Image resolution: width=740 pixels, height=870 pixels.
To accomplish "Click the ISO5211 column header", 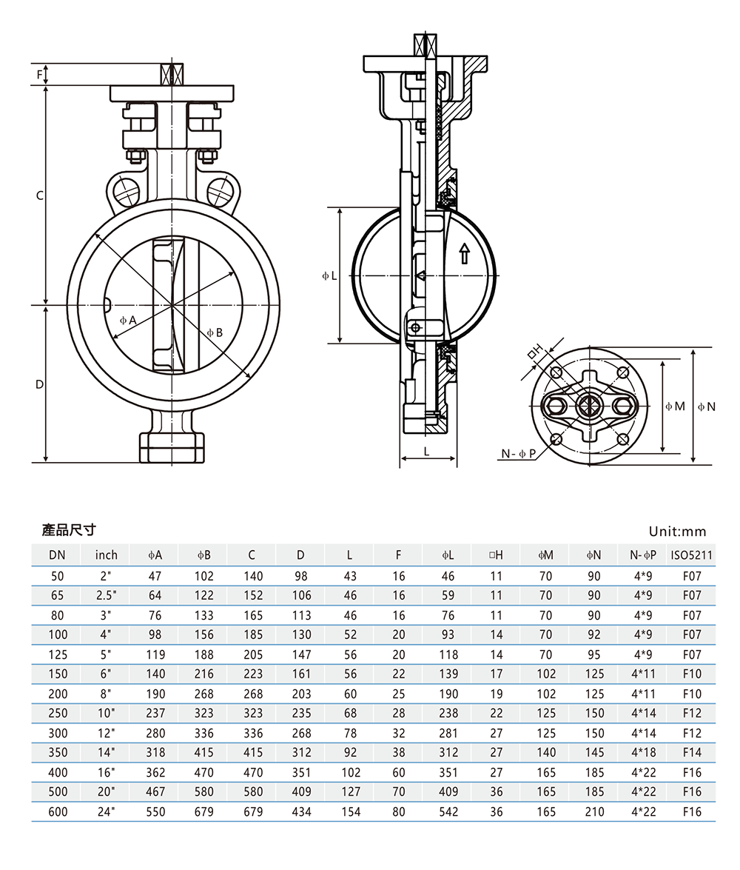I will [x=690, y=555].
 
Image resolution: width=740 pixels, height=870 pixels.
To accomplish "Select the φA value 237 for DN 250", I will [x=155, y=713].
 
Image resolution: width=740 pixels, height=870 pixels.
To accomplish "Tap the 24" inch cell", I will [x=106, y=812].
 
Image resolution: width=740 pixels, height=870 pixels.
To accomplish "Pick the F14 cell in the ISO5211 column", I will [x=690, y=752].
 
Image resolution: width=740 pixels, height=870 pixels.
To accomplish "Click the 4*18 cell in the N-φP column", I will [x=643, y=752].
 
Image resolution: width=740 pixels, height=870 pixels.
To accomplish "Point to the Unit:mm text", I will [x=677, y=531].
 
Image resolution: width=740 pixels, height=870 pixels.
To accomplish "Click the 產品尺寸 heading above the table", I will [x=69, y=530].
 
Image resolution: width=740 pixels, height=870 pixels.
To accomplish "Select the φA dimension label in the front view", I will [x=129, y=321].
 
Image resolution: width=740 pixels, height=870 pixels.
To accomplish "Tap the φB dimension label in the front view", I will [x=214, y=332].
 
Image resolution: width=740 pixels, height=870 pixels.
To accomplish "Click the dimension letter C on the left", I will [x=41, y=195].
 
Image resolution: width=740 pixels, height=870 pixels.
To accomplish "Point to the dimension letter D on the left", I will [x=40, y=384].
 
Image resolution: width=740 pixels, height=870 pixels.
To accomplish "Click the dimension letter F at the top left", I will [x=40, y=74].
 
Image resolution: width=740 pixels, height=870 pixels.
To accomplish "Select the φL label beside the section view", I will [x=329, y=275].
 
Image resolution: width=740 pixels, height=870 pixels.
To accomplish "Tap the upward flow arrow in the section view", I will [x=464, y=253].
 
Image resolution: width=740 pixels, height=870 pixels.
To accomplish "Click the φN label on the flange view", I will [x=707, y=406].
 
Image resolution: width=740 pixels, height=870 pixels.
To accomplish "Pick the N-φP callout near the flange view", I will [x=517, y=453].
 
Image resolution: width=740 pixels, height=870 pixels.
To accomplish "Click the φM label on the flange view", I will [x=674, y=406].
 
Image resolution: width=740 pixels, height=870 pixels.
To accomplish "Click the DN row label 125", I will [x=58, y=654].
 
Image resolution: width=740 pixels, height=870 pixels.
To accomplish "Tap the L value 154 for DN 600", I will [x=351, y=812].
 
